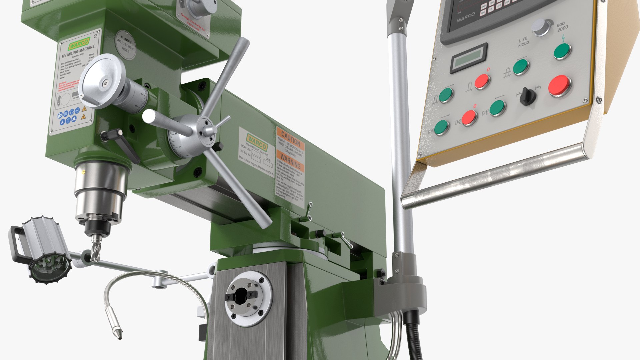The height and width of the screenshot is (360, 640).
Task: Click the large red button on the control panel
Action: pos(559,85)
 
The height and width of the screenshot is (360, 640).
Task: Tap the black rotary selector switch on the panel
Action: pos(528,96)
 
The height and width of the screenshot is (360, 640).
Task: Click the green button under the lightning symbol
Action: pos(562,51)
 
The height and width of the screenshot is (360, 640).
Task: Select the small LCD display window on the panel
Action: pos(469,58)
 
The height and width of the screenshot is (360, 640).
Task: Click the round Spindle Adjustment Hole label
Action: pos(126,45)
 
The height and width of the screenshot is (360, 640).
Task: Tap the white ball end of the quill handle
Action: pos(148,117)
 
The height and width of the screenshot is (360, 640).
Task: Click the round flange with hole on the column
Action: pos(248,298)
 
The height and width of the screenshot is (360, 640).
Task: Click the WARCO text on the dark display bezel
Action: pos(466,17)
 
